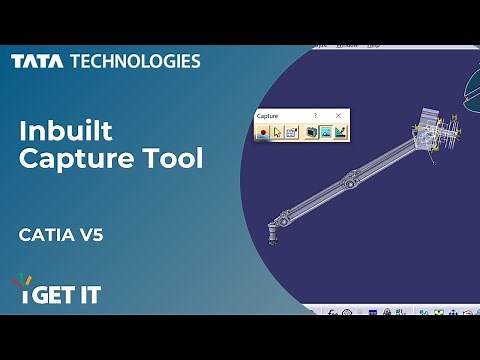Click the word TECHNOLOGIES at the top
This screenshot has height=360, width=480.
pyautogui.click(x=135, y=61)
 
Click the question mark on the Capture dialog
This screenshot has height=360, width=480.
pyautogui.click(x=316, y=116)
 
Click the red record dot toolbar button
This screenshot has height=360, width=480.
pyautogui.click(x=263, y=132)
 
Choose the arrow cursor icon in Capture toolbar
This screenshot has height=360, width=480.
pyautogui.click(x=278, y=132)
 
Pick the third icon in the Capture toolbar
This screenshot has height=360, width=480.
pyautogui.click(x=293, y=132)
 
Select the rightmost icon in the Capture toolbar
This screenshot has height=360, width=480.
pyautogui.click(x=342, y=132)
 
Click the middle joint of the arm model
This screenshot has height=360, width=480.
pyautogui.click(x=348, y=181)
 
